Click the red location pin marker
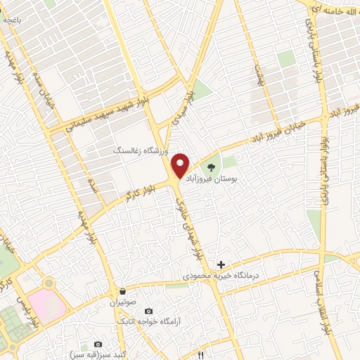181,165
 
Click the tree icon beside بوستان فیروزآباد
212,166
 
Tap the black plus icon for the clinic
221,264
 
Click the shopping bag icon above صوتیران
123,291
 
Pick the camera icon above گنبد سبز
98,345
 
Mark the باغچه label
13,20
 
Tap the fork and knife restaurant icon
200,355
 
